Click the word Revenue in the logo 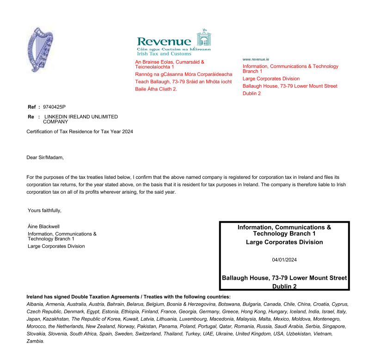click(164, 41)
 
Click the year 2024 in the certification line click(127, 132)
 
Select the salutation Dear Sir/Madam click(45, 158)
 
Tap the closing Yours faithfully click(44, 211)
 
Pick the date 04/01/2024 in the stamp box click(284, 260)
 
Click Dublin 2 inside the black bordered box click(284, 287)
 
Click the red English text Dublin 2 click(252, 93)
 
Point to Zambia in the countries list click(35, 341)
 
